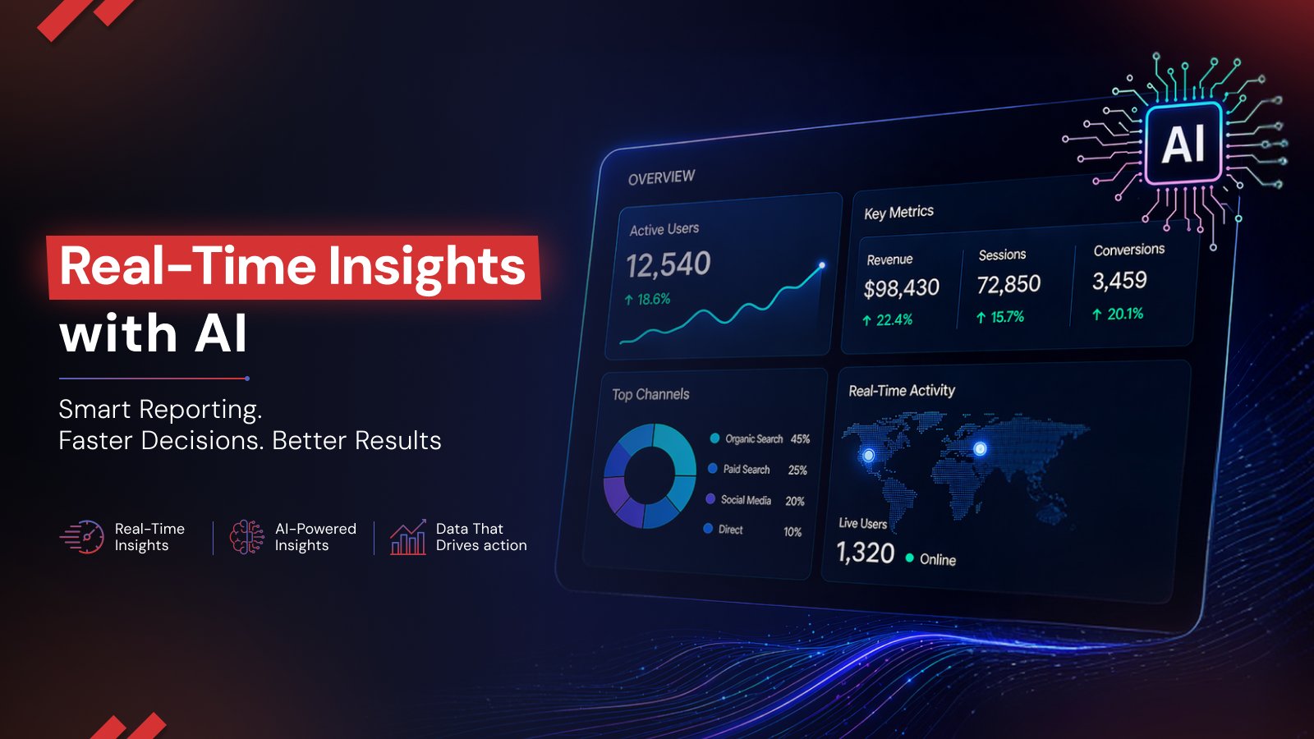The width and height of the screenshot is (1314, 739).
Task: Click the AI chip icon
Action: (x=1183, y=144)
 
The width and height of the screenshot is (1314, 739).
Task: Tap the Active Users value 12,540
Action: (x=668, y=264)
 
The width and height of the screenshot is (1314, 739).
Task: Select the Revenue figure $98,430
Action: (x=901, y=288)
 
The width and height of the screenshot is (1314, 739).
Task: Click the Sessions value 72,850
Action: (x=1008, y=285)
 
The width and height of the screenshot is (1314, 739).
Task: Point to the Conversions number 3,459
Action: (x=1119, y=281)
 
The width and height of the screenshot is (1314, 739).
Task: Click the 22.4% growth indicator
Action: (x=888, y=319)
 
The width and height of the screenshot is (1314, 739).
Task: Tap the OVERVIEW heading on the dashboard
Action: (x=661, y=177)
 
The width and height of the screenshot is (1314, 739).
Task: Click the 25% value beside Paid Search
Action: (x=797, y=470)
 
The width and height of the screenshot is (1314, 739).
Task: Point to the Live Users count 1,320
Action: (x=865, y=553)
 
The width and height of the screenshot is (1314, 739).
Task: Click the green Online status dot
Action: (x=910, y=558)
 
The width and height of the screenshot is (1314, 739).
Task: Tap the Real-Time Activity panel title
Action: (x=901, y=391)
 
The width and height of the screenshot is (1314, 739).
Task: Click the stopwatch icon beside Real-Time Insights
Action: (x=83, y=537)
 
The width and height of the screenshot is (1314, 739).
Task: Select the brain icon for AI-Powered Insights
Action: (x=246, y=537)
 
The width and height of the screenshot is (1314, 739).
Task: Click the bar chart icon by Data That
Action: (x=407, y=538)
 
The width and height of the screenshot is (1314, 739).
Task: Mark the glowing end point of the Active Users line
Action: (x=821, y=265)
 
